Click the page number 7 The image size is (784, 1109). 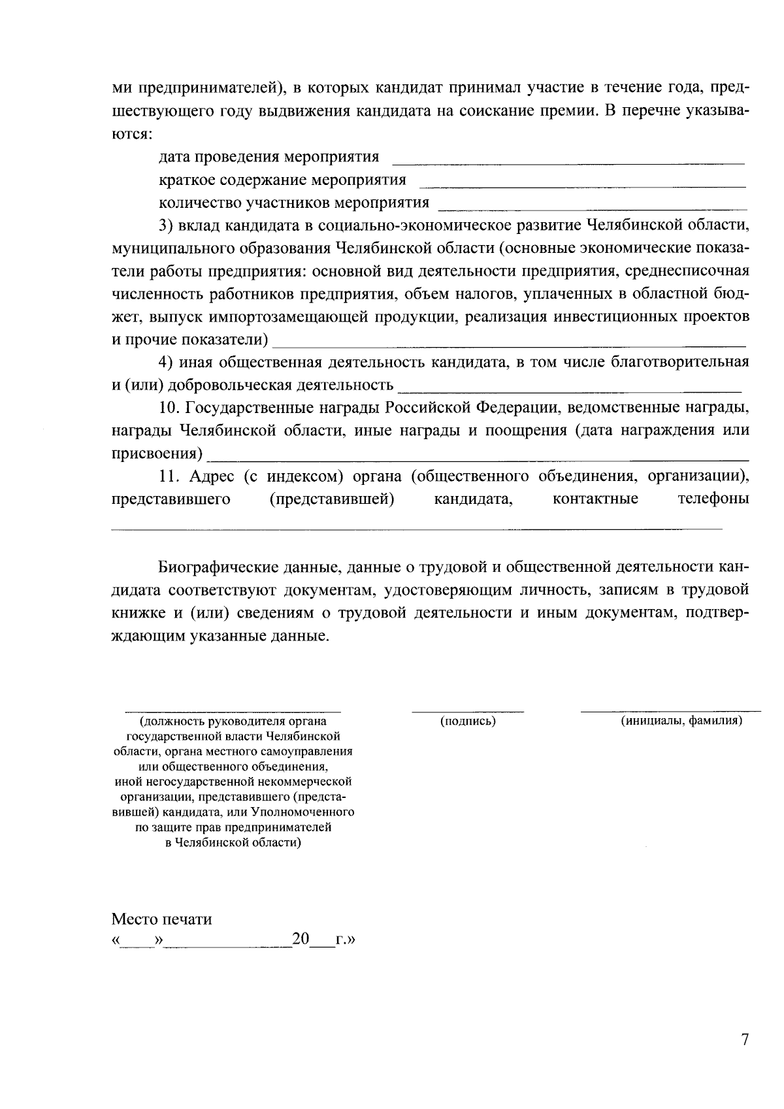pos(745,1040)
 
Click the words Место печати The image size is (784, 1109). pos(161,919)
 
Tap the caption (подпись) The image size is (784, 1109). pos(468,721)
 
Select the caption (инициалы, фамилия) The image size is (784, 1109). pos(681,720)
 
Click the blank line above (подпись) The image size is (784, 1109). pos(468,709)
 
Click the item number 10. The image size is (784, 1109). pos(169,408)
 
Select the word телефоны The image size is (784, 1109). pos(713,499)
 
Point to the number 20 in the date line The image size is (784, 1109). pos(301,940)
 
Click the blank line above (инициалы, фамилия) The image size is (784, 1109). pos(670,709)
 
